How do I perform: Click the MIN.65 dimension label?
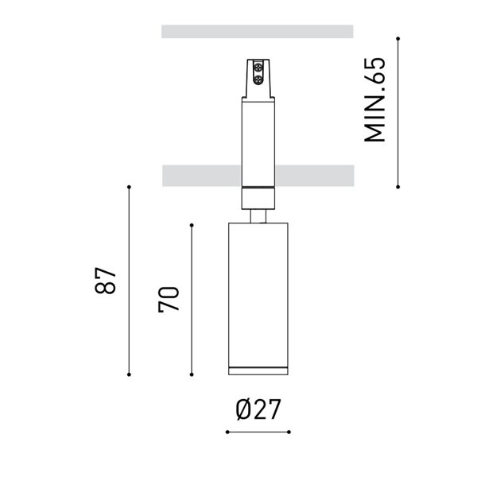[x=374, y=100]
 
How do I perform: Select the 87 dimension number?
[x=107, y=281]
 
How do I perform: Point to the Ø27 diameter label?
[x=258, y=410]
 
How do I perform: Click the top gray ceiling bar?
[x=257, y=32]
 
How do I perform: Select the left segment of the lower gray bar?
[x=201, y=173]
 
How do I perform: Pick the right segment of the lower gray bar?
[x=316, y=173]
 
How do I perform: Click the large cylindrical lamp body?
[x=258, y=294]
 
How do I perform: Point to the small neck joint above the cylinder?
[x=258, y=215]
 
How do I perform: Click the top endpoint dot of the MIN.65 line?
[x=398, y=37]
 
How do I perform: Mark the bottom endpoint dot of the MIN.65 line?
[x=398, y=186]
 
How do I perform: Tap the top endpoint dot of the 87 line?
[x=129, y=187]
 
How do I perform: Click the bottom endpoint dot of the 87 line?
[x=129, y=374]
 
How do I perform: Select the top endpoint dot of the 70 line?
[x=192, y=225]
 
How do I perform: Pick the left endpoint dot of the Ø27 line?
[x=227, y=432]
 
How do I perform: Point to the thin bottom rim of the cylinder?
[x=258, y=370]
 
